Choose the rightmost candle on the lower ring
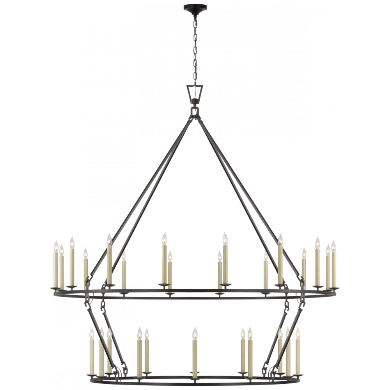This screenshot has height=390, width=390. click(x=298, y=353)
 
